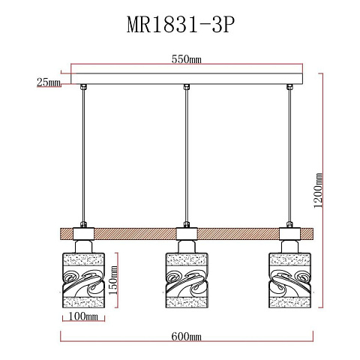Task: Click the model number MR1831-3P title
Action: point(181,25)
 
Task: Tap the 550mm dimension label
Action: point(186,59)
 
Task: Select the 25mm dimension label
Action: point(49,82)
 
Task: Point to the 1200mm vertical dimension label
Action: point(318,190)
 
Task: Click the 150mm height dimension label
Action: point(112,280)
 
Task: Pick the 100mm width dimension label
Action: point(83,316)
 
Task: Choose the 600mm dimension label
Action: point(186,337)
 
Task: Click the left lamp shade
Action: point(83,280)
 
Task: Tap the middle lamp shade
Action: point(187,280)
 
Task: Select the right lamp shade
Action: point(289,280)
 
